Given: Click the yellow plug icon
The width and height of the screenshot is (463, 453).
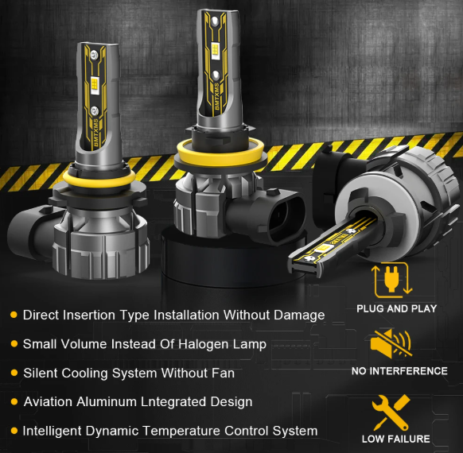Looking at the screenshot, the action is [392, 280].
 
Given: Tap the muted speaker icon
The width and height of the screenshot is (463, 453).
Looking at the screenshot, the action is [391, 343].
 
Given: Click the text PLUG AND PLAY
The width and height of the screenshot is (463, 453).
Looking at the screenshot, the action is [396, 309].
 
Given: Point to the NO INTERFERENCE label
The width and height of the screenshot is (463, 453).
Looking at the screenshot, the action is [399, 370].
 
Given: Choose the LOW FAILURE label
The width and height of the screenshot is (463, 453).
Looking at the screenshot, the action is [396, 439].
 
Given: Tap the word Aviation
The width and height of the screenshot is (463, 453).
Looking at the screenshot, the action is [49, 401].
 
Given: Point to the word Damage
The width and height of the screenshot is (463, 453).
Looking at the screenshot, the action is [299, 316].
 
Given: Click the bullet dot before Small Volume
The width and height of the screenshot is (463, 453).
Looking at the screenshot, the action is [14, 344].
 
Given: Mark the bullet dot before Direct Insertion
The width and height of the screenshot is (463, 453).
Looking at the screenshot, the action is [14, 315].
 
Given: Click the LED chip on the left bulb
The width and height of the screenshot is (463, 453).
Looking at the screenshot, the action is [95, 85].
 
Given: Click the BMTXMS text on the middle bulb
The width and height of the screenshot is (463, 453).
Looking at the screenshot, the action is [217, 96].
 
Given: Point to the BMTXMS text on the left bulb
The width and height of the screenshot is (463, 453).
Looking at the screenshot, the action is [96, 133].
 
